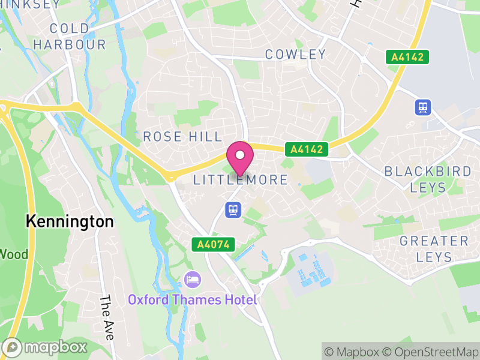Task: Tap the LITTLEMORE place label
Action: (x=241, y=180)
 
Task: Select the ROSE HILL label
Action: (x=182, y=137)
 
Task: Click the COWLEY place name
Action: (x=296, y=55)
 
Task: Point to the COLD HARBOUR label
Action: (x=70, y=37)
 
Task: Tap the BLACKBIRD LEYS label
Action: (x=428, y=179)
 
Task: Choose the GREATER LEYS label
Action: (x=434, y=249)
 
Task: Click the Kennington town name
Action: (x=70, y=221)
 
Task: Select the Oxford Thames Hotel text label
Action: (x=192, y=299)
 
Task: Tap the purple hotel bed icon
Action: (x=193, y=279)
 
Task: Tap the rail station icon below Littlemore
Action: (x=233, y=209)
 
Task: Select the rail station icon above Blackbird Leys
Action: (x=423, y=107)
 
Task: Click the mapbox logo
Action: (x=46, y=347)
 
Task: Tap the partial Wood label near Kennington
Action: (x=13, y=254)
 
